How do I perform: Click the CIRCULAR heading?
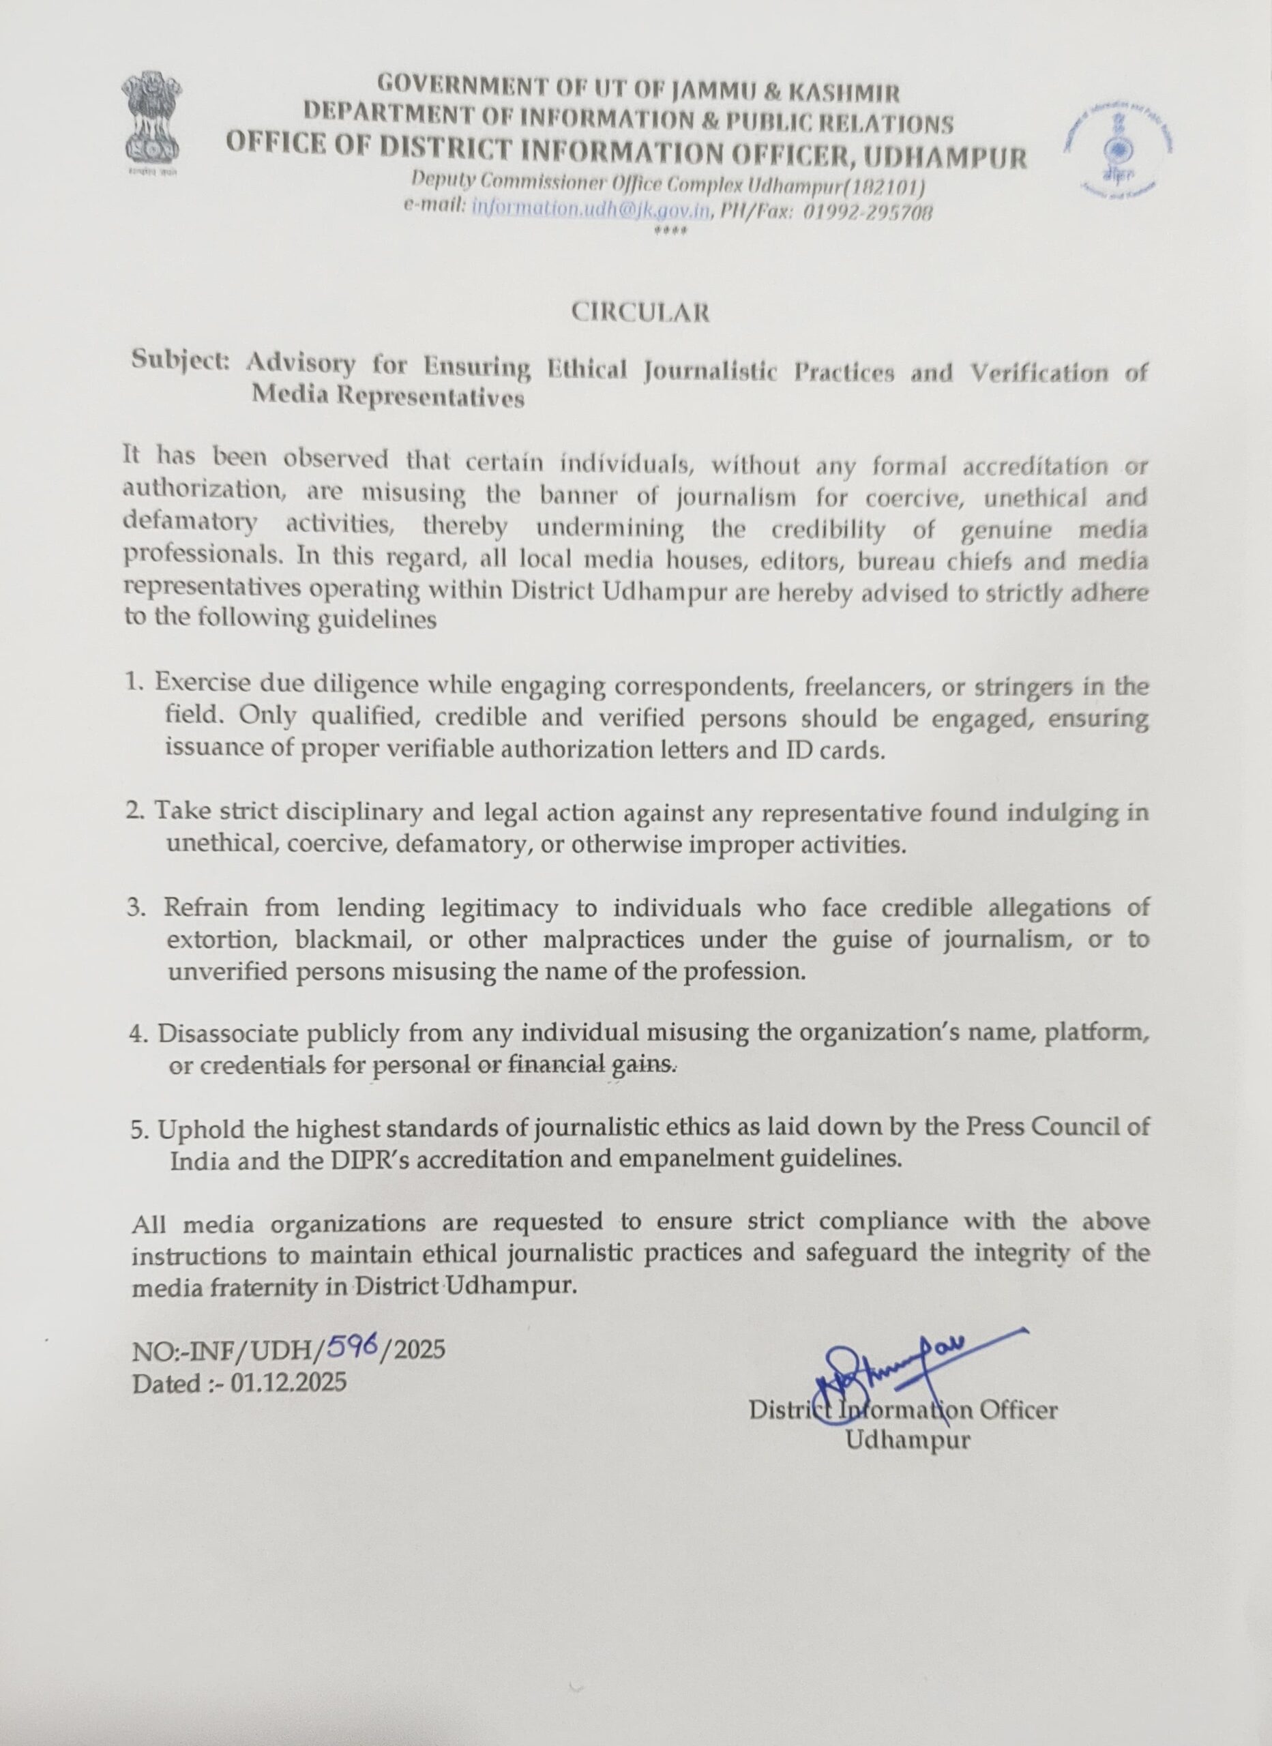tap(640, 312)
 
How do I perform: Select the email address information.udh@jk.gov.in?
tap(590, 208)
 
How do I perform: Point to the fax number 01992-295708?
tap(868, 213)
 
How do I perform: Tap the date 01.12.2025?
tap(288, 1383)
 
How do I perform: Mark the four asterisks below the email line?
tap(669, 230)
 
